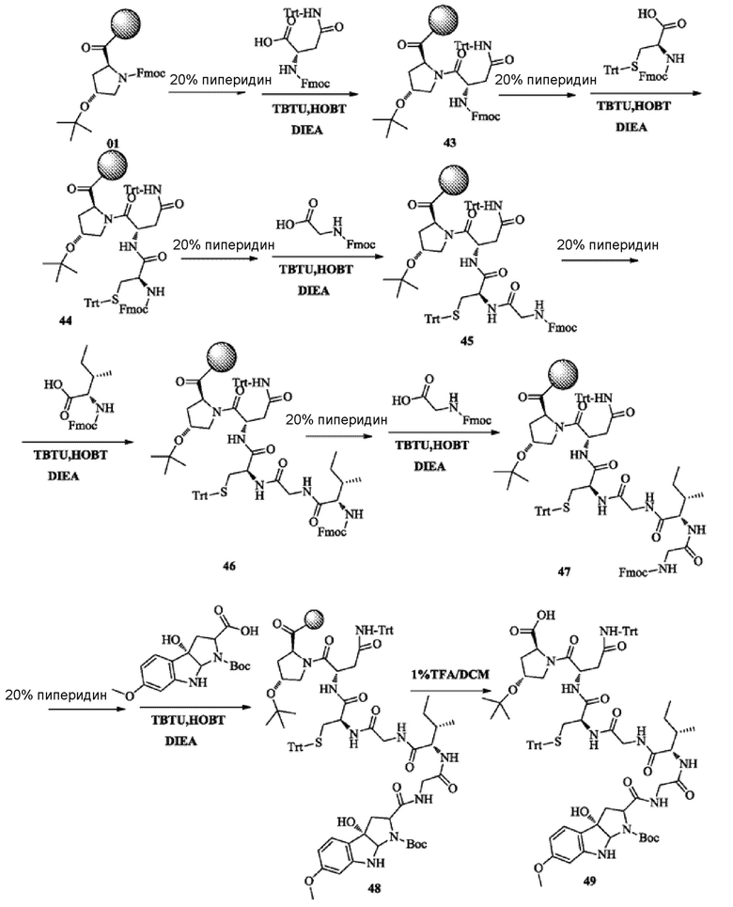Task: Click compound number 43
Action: pos(448,142)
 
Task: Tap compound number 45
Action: pos(466,340)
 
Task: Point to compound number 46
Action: pos(229,565)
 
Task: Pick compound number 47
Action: pos(564,571)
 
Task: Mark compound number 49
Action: pos(589,881)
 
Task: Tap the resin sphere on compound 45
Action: pos(457,184)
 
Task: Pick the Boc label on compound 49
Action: pos(648,837)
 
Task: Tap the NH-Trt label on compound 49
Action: pos(619,632)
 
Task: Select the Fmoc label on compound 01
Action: pos(151,74)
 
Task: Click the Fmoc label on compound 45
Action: pos(562,327)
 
